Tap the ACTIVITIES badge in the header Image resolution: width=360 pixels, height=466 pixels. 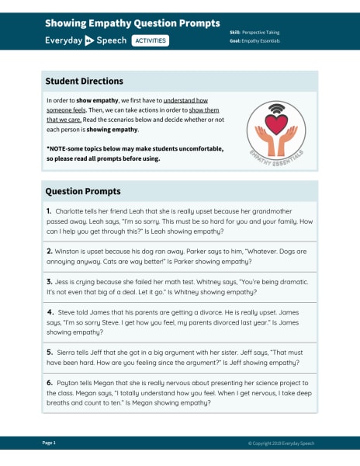click(150, 40)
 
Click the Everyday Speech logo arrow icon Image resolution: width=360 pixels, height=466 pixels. click(89, 40)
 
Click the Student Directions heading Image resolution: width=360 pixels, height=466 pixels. click(84, 81)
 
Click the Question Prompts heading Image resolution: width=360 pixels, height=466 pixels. click(82, 191)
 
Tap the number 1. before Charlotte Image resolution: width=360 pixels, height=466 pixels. click(48, 210)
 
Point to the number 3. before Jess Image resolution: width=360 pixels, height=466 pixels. click(49, 281)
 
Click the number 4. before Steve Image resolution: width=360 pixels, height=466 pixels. click(50, 312)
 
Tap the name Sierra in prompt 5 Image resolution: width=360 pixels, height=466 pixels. click(68, 352)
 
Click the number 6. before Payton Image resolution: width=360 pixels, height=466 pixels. click(49, 383)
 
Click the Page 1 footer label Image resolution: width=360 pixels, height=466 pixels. click(49, 443)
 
